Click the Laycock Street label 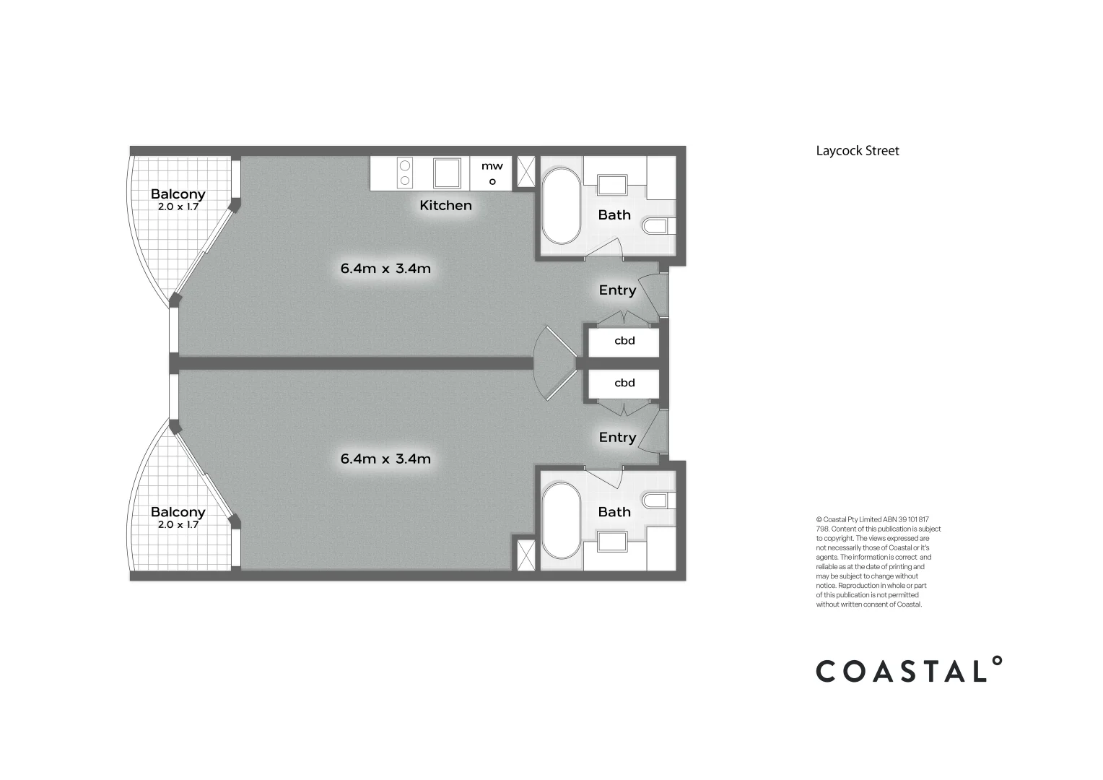coord(858,151)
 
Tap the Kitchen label coord(445,206)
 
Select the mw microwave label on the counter coord(492,167)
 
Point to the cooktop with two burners coord(405,173)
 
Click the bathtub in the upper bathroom coord(561,206)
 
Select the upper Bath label coord(614,215)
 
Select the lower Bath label coord(614,512)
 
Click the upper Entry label coord(617,290)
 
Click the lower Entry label coord(617,438)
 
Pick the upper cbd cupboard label coord(624,341)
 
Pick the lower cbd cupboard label coord(624,383)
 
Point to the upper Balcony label coord(178,194)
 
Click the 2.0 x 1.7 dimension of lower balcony coord(178,525)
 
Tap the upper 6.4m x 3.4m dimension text coord(385,269)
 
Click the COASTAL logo coord(909,670)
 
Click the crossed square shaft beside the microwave coord(526,173)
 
